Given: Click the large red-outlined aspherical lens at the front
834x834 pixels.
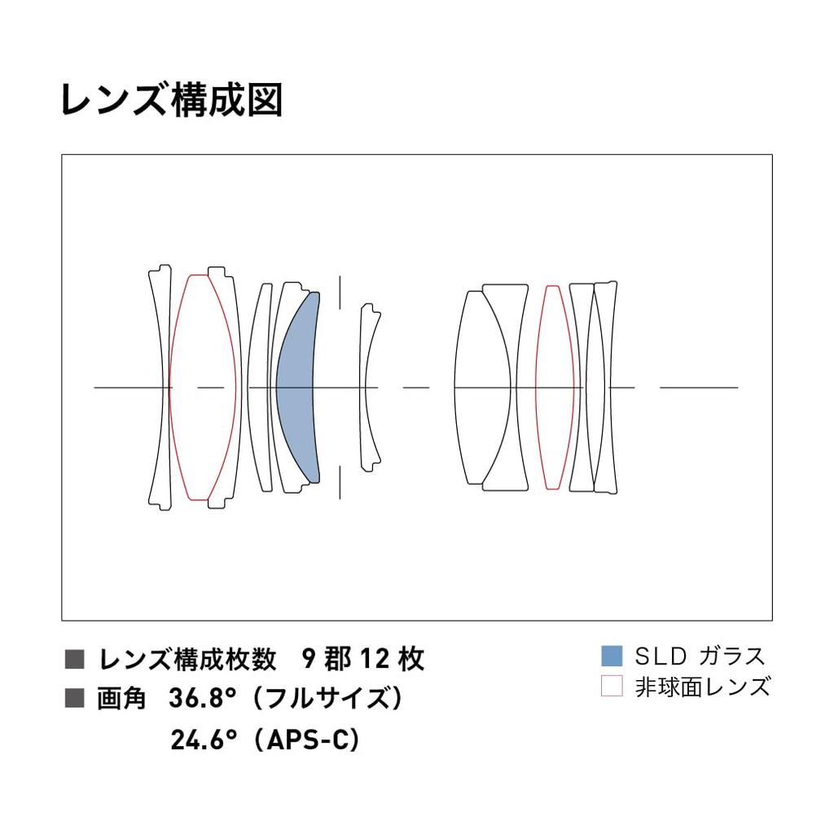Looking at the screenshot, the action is (x=202, y=388).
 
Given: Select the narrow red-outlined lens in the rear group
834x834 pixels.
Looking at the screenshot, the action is (x=554, y=388).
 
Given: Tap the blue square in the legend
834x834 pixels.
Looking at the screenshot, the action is (x=611, y=656).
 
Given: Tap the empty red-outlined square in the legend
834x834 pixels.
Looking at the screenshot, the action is (x=611, y=686).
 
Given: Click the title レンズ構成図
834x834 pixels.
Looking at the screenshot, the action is (x=171, y=99).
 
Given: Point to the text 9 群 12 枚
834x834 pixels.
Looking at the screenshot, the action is (x=362, y=658).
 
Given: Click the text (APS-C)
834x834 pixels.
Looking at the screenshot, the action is (x=307, y=740).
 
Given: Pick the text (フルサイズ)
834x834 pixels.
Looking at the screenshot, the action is (x=327, y=698).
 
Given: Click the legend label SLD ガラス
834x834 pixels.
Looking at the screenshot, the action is (x=700, y=656).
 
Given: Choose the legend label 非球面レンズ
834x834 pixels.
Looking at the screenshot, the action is (x=702, y=687).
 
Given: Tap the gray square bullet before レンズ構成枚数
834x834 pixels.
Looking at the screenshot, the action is (x=74, y=659).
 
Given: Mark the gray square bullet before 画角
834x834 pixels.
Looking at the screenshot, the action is (x=74, y=698).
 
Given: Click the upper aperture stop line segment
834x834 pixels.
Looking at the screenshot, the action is (x=340, y=292).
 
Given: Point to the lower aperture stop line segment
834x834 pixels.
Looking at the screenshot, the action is (x=340, y=483).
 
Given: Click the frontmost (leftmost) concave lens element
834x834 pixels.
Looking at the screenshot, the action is (x=161, y=388).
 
